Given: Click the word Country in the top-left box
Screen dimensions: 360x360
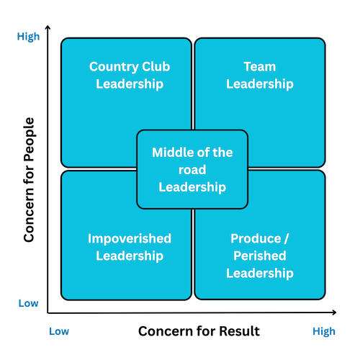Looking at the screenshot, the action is pyautogui.click(x=114, y=67).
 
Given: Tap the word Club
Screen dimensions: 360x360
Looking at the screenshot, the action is pyautogui.click(x=156, y=66).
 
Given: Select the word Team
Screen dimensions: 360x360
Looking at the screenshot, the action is pyautogui.click(x=260, y=66).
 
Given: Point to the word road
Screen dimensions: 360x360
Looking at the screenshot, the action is pyautogui.click(x=192, y=170).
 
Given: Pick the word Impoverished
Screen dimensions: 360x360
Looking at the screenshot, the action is pyautogui.click(x=130, y=239).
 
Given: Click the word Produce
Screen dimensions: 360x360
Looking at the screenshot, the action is pyautogui.click(x=256, y=239).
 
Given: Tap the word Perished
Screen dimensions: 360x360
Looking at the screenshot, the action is pyautogui.click(x=260, y=256).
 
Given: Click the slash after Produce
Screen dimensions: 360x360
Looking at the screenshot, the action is pyautogui.click(x=287, y=239).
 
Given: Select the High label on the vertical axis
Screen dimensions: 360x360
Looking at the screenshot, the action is pyautogui.click(x=28, y=37).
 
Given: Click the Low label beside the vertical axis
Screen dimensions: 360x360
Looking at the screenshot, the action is pyautogui.click(x=28, y=303).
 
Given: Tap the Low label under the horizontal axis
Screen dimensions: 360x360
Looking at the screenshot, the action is pyautogui.click(x=59, y=331).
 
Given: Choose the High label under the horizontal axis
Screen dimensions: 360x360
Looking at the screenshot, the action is pyautogui.click(x=324, y=332).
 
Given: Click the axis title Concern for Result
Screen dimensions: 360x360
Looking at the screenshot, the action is pyautogui.click(x=199, y=331).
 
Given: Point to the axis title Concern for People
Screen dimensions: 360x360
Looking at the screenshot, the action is pyautogui.click(x=30, y=180).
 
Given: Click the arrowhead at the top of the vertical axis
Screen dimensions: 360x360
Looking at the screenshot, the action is pyautogui.click(x=48, y=27).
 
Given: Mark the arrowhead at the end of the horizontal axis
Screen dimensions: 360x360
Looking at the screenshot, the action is pyautogui.click(x=334, y=312).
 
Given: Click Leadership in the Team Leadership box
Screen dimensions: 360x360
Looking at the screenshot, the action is pyautogui.click(x=260, y=84).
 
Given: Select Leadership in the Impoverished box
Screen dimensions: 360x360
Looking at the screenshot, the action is pyautogui.click(x=130, y=256).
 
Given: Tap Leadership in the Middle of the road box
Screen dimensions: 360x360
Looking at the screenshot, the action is pyautogui.click(x=192, y=187).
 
